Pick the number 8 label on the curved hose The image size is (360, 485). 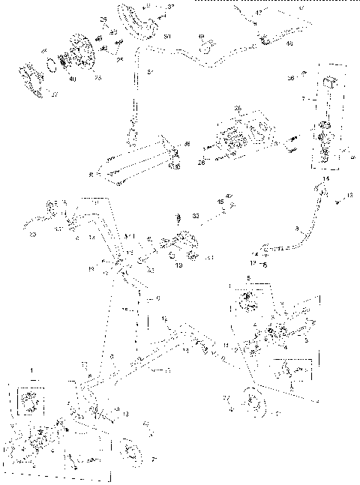click(x=298, y=227)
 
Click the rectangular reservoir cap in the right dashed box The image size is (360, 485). click(x=328, y=82)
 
